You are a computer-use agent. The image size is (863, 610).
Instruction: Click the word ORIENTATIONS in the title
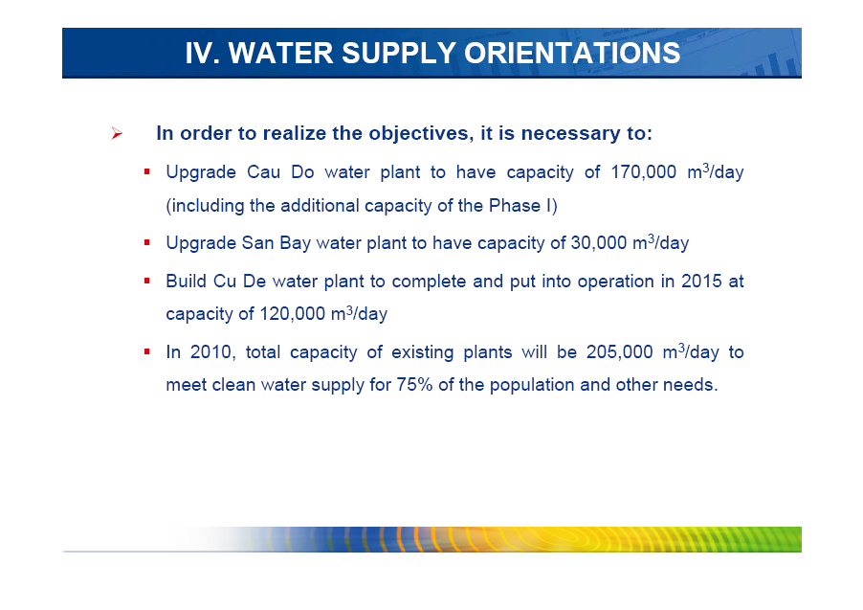(x=572, y=53)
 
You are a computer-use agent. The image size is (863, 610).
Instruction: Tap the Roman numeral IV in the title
(x=199, y=53)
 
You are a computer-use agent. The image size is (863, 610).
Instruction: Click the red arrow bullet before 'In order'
(x=116, y=133)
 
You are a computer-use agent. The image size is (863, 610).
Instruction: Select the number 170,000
(x=643, y=172)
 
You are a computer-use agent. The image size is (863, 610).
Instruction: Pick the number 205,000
(x=619, y=351)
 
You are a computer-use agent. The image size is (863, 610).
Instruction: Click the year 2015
(x=701, y=281)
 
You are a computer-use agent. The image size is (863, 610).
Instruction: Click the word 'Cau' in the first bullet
(x=264, y=172)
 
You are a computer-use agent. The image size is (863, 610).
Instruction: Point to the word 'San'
(x=257, y=243)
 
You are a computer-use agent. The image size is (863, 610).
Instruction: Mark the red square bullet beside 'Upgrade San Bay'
(x=147, y=242)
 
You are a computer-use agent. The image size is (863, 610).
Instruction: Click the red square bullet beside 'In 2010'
(x=147, y=351)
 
